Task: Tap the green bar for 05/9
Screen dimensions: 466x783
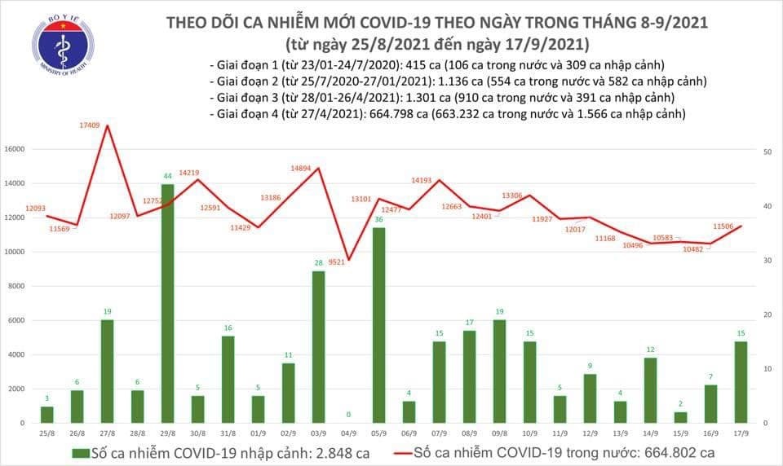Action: (378, 325)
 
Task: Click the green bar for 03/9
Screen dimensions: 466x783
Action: (318, 346)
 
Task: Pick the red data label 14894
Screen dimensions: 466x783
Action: (302, 169)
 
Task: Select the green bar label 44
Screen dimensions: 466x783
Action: (166, 176)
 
